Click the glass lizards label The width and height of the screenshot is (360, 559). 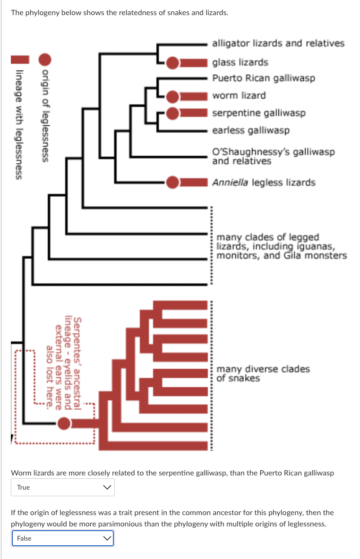[x=240, y=62]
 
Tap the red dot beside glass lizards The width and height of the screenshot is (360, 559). [x=173, y=62]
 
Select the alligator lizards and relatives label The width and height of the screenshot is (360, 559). [x=278, y=43]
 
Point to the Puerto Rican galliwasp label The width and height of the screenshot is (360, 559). [x=263, y=78]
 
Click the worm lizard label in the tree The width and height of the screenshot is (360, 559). [x=239, y=95]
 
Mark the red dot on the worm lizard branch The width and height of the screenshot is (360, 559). [x=173, y=96]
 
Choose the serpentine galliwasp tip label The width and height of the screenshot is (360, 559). [x=258, y=113]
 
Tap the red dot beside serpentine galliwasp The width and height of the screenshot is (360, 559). [x=173, y=113]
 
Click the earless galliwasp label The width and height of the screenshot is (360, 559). [x=251, y=130]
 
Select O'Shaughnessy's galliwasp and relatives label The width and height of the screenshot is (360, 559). [x=274, y=156]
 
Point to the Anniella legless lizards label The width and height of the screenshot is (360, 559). [x=264, y=182]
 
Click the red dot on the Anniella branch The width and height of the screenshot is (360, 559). [x=173, y=182]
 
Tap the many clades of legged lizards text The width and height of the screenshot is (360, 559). [x=281, y=246]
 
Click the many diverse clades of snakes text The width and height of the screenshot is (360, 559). [x=263, y=373]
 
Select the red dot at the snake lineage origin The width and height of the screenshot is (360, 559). [x=64, y=424]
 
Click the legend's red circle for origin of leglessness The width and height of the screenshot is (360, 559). [x=45, y=59]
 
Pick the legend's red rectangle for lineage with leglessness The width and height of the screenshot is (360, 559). [x=19, y=59]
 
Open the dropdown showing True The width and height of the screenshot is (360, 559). [x=63, y=487]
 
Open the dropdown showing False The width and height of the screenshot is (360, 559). [x=63, y=538]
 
